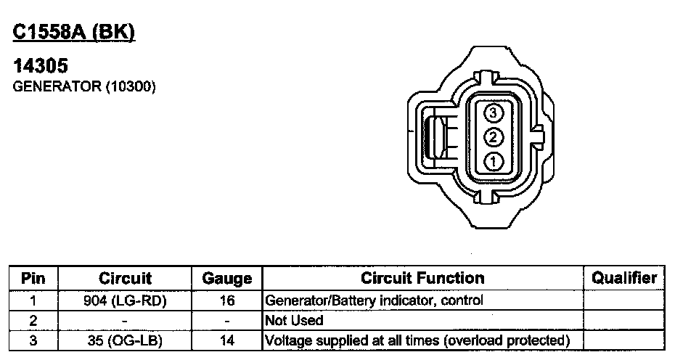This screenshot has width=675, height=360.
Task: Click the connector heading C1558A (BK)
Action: coord(73,33)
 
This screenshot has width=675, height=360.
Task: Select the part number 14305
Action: coord(41,66)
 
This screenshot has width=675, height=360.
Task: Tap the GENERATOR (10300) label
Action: coord(84,86)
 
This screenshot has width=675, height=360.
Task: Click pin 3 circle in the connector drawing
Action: coord(494,112)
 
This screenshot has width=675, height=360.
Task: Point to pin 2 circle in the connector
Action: coord(494,137)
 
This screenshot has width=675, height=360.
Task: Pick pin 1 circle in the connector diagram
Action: coord(494,162)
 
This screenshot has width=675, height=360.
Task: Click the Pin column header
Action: coord(33,278)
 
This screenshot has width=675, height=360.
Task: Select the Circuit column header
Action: coord(125,278)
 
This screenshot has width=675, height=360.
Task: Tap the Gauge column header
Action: coord(227,279)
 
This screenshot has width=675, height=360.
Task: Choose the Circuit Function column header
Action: coord(422,278)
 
